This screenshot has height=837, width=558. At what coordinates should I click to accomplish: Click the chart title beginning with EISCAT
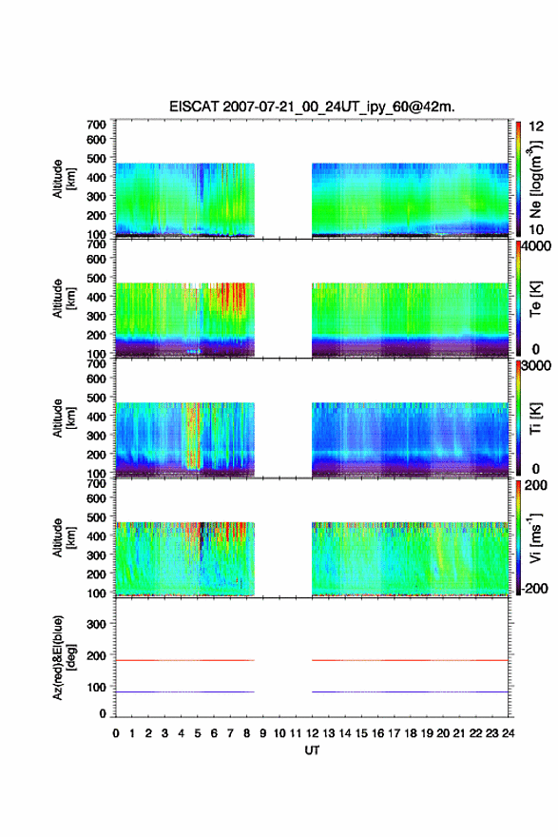point(312,107)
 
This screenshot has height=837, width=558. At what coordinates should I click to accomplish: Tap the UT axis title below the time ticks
point(312,750)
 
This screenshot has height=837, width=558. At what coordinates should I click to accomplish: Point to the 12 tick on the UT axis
point(312,733)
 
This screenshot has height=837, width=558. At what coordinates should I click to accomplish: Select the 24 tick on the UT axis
point(508,733)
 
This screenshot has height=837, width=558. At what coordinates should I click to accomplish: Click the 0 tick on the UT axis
point(116,733)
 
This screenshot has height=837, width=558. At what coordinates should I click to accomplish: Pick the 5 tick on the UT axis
point(198,733)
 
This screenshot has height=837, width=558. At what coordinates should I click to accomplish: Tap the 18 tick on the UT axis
point(411,733)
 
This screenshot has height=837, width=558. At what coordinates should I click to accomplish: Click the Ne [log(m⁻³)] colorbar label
point(536,180)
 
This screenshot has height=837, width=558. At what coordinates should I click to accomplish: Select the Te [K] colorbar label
point(535,299)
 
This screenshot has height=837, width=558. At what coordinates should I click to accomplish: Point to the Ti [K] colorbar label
point(535,419)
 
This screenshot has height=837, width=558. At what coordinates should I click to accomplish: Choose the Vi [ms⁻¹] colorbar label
point(535,538)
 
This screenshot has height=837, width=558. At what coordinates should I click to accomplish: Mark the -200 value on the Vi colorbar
point(535,588)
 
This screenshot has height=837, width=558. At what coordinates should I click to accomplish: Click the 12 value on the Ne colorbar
point(537,127)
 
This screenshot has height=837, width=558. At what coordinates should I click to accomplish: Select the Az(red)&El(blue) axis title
point(64,658)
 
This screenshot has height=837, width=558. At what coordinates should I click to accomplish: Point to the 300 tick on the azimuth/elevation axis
point(96,624)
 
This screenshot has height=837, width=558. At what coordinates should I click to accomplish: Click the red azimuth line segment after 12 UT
point(410,660)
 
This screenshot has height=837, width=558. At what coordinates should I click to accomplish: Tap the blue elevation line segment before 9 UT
point(185,691)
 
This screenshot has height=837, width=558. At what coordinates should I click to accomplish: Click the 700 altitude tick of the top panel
point(96,125)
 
